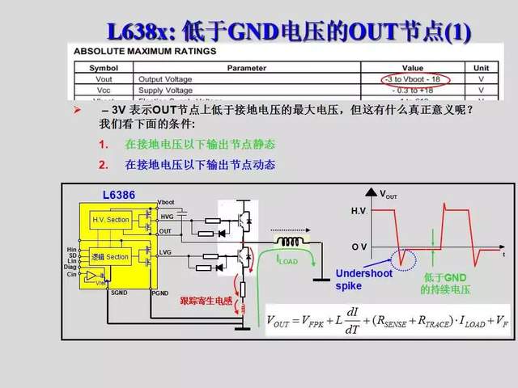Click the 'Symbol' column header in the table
[x=104, y=68]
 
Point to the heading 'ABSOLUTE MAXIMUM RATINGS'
[x=145, y=51]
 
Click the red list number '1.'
[x=104, y=145]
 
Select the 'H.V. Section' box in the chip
[x=110, y=220]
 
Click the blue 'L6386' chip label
[x=118, y=196]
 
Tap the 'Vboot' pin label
[x=166, y=201]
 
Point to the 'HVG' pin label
[x=167, y=216]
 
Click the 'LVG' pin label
[x=167, y=252]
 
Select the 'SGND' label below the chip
[x=119, y=293]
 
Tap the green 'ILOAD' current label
[x=289, y=259]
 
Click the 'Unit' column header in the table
[x=480, y=68]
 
